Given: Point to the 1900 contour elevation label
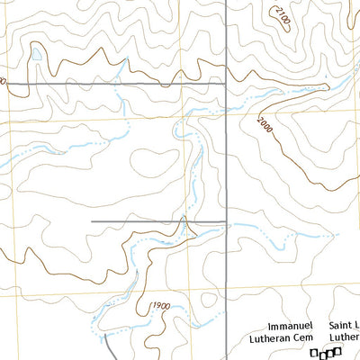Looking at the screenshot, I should tap(162, 306).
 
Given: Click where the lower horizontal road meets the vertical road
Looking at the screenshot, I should tap(225, 221).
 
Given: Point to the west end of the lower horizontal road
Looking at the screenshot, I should tap(93, 221).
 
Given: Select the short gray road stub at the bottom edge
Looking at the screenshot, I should tap(107, 346).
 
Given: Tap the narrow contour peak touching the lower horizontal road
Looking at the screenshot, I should tap(184, 220).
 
